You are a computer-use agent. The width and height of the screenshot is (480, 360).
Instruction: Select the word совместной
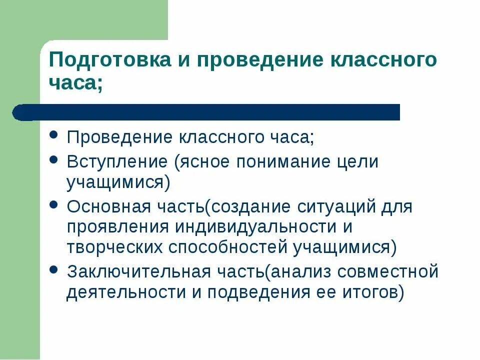pos(387,272)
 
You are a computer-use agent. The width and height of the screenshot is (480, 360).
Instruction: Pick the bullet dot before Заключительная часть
pos(54,270)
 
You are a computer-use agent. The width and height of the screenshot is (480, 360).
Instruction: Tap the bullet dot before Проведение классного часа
pos(54,136)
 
